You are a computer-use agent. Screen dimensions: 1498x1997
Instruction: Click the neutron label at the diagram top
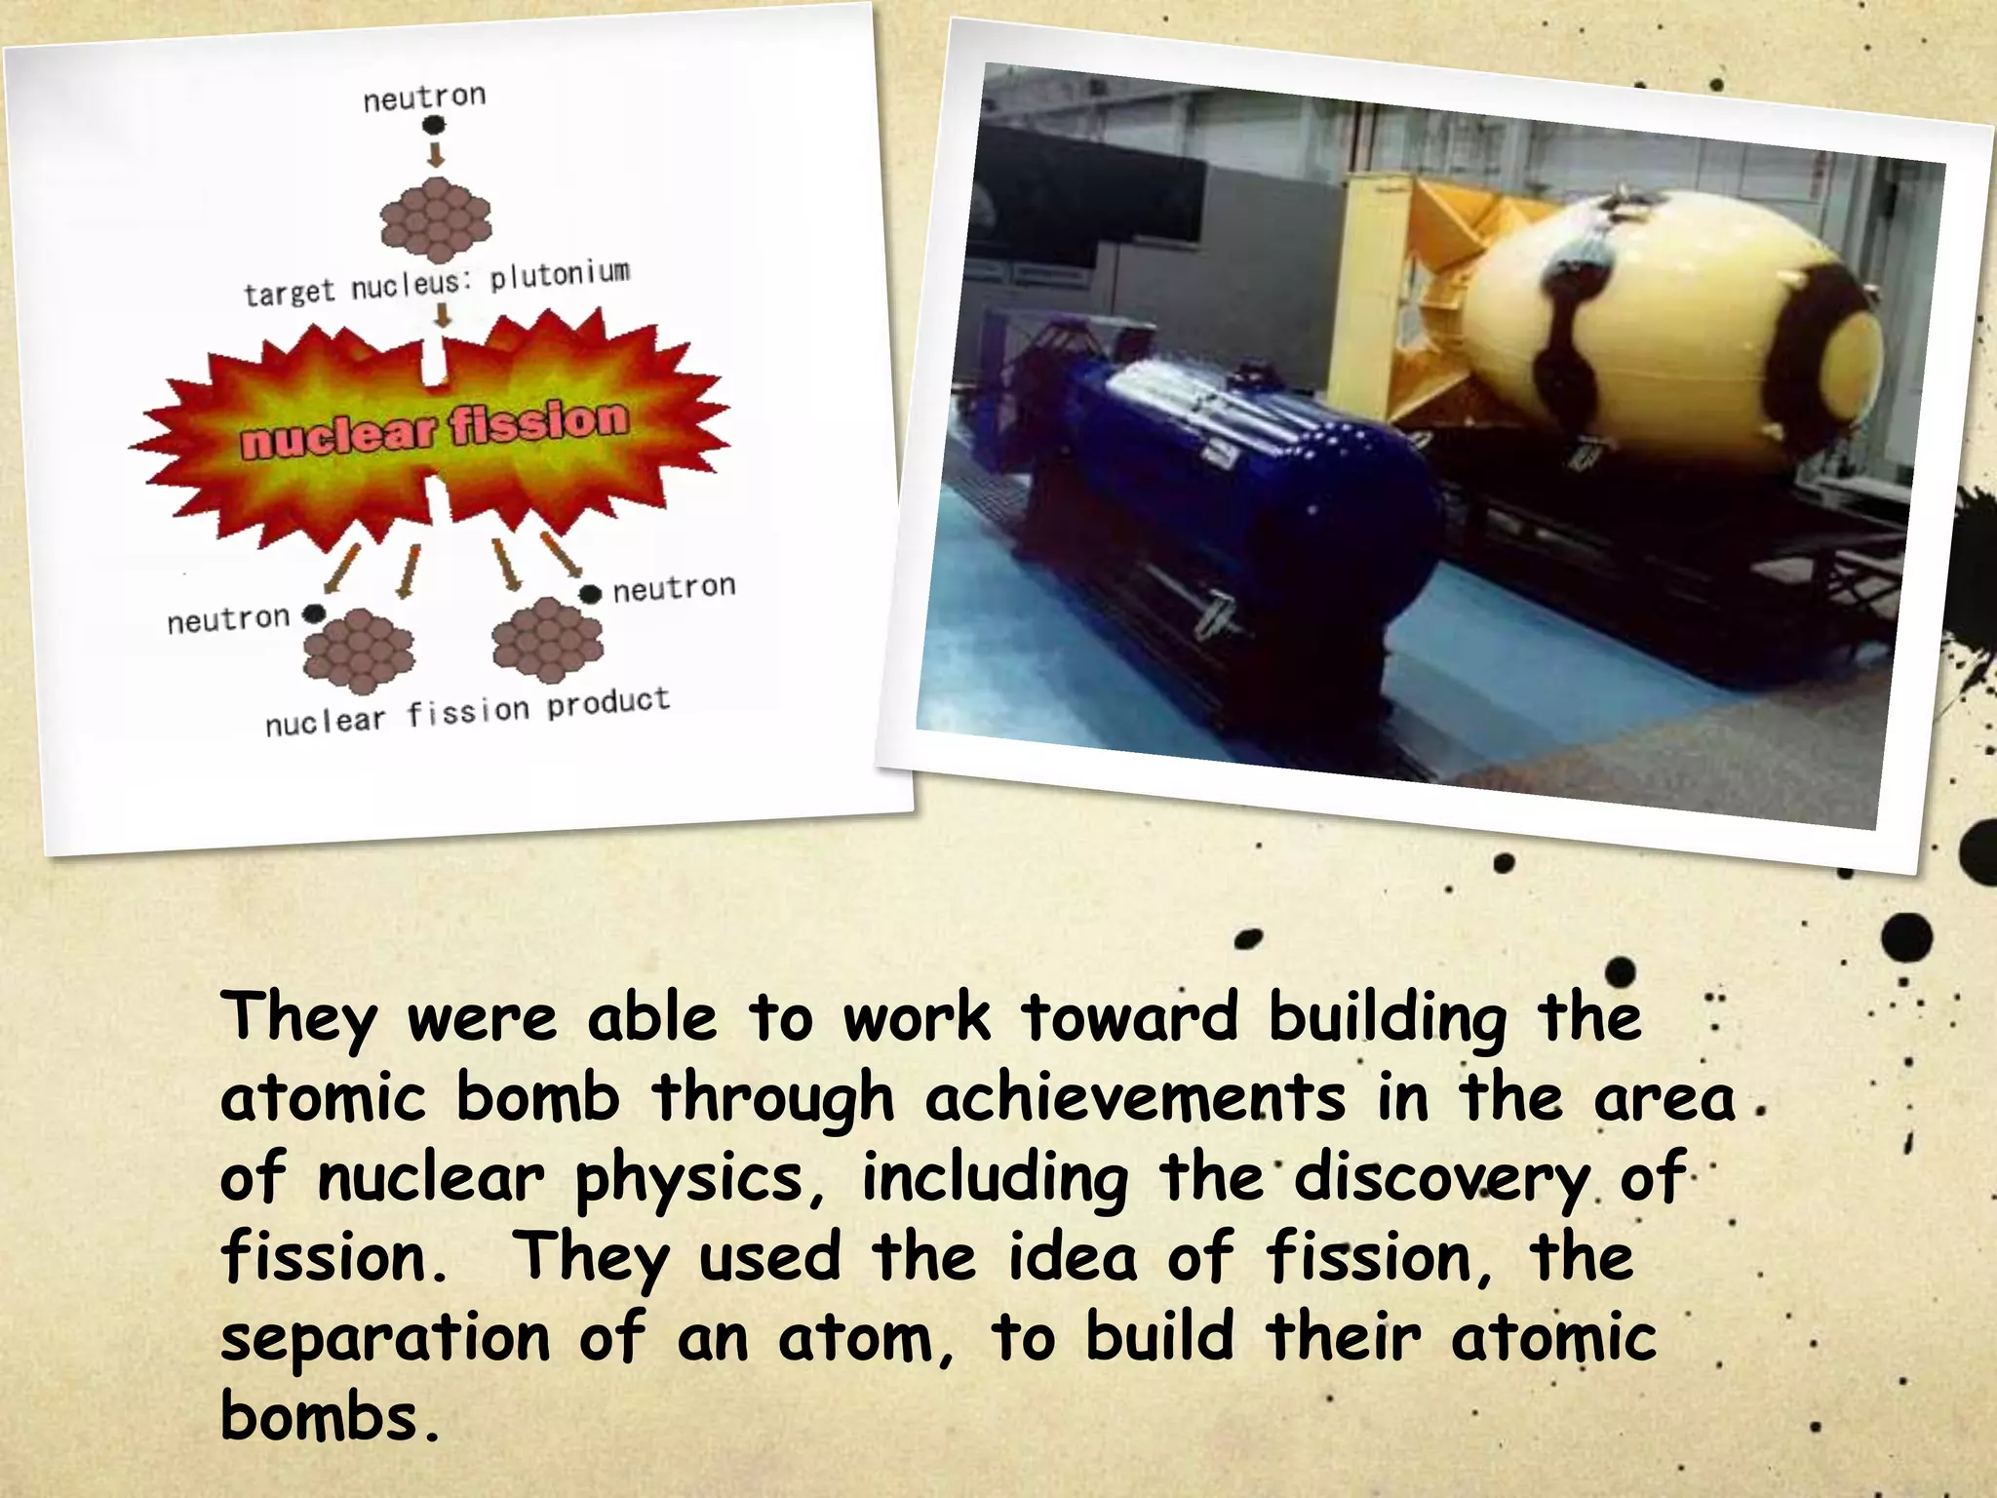(424, 97)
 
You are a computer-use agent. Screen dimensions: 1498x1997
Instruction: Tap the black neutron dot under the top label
(434, 124)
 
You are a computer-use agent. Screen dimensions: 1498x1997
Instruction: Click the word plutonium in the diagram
(560, 275)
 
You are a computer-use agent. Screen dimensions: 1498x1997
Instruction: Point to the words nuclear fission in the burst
(434, 429)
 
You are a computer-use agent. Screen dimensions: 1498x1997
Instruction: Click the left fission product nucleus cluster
(358, 646)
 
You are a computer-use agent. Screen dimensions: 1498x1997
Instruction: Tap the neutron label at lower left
(228, 619)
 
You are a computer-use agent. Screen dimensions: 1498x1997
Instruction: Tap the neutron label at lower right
(673, 588)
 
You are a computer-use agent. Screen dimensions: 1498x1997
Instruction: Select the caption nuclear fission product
(467, 711)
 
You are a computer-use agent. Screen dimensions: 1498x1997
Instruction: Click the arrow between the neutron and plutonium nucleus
(436, 155)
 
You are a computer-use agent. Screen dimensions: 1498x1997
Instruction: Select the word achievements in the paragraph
(1134, 1100)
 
